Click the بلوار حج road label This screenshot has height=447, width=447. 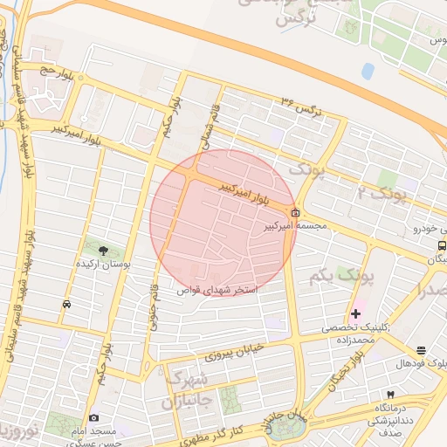pyautogui.click(x=51, y=71)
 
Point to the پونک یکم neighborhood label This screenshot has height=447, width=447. pyautogui.click(x=340, y=277)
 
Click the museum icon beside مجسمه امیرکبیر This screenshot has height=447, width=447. pyautogui.click(x=295, y=212)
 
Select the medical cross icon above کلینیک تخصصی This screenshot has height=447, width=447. pyautogui.click(x=355, y=313)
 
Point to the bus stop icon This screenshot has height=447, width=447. pyautogui.click(x=442, y=245)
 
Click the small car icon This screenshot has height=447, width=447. pyautogui.click(x=67, y=305)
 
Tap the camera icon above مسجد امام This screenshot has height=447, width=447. pyautogui.click(x=94, y=417)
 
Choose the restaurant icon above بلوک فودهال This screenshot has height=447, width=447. pyautogui.click(x=422, y=350)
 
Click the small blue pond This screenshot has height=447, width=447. pyautogui.click(x=368, y=70)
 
